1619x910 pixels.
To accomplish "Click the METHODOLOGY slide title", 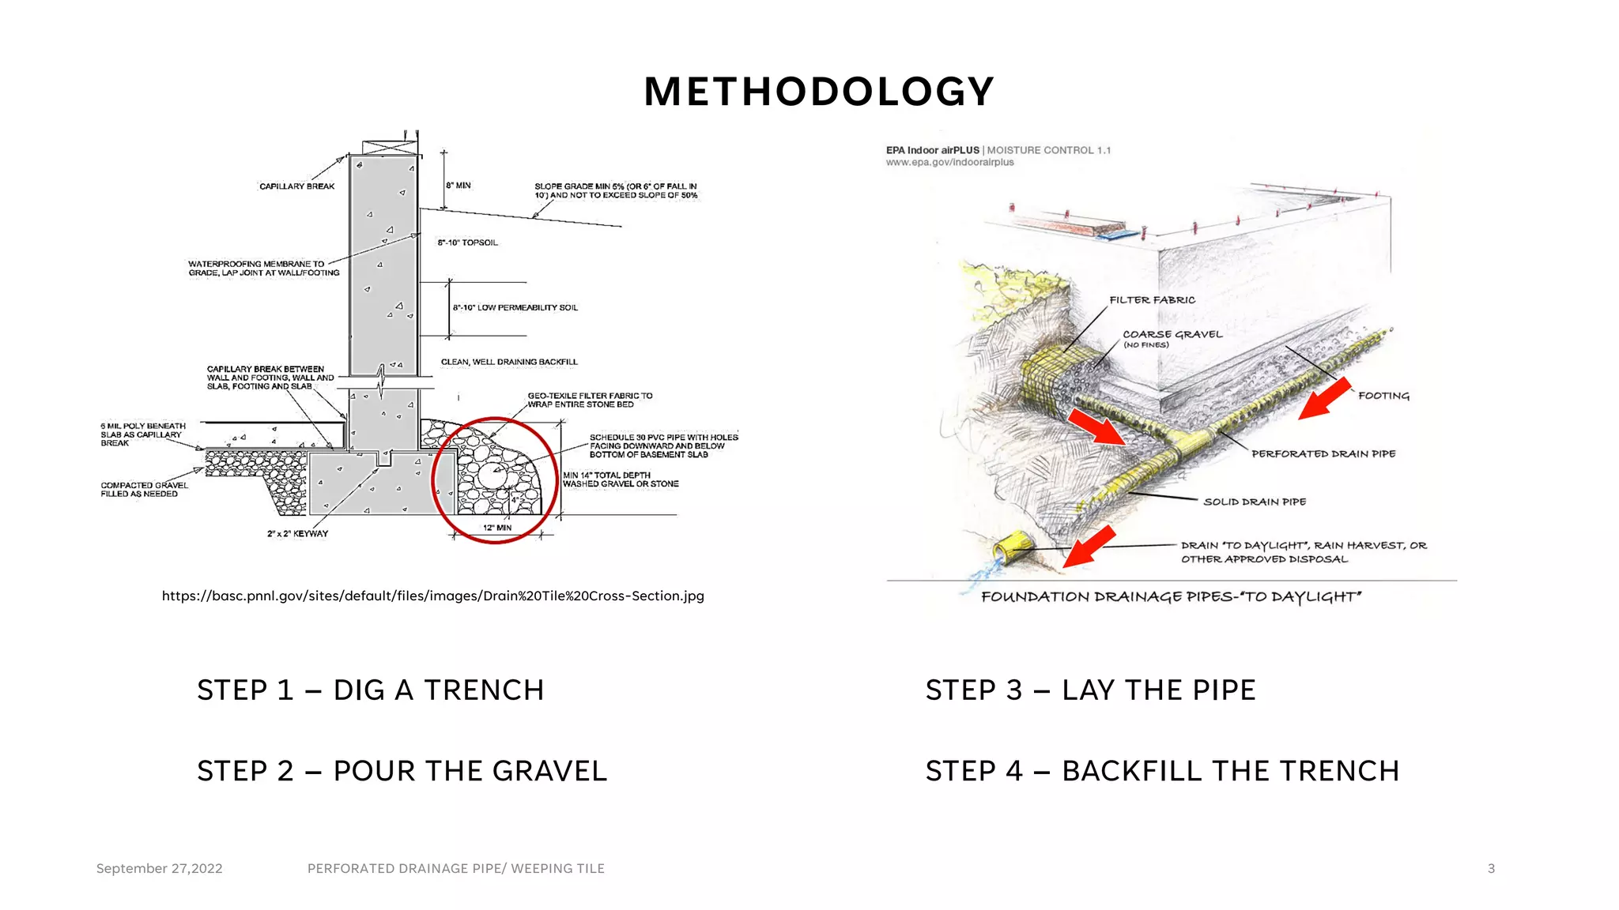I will [818, 92].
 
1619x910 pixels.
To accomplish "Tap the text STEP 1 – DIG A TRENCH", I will [370, 690].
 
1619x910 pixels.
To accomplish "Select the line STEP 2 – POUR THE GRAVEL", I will [402, 771].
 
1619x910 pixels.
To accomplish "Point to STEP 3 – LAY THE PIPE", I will [1090, 690].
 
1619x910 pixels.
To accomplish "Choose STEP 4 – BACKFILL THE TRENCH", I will [1162, 771].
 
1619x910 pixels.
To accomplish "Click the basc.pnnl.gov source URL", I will [432, 596].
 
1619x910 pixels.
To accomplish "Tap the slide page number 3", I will [1491, 868].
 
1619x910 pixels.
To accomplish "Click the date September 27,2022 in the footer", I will [159, 868].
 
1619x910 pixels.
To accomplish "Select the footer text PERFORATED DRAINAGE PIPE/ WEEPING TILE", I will [455, 868].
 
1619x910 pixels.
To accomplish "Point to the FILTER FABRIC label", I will [1152, 300].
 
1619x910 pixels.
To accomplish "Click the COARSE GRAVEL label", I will [1172, 335].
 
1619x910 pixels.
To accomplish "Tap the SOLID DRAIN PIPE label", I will [1254, 502].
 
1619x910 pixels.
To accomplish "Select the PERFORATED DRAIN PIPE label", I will [1323, 454].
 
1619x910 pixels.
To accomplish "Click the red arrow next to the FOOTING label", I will [1325, 398].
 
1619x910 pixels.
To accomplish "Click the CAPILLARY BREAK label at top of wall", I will [296, 186].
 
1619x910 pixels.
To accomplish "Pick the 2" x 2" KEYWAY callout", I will [297, 534].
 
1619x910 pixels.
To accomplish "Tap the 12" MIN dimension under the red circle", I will [497, 528].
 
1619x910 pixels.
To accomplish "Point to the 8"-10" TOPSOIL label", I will [467, 243].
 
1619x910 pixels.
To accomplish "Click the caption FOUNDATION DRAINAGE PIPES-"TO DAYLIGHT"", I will [1171, 597].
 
